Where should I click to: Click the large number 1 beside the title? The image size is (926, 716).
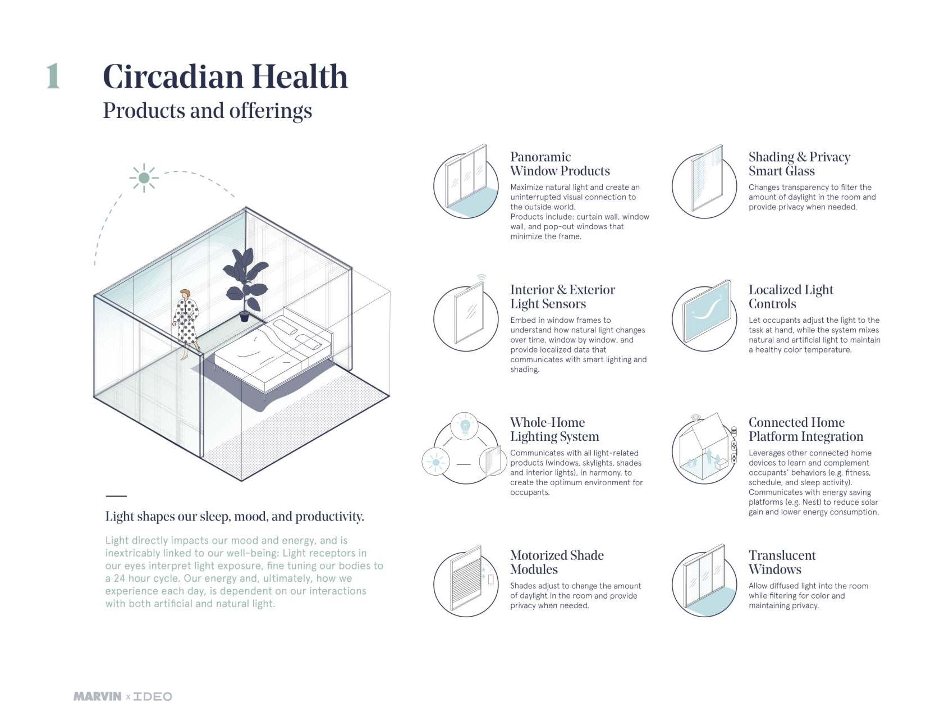click(53, 76)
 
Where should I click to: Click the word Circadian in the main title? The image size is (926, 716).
click(173, 77)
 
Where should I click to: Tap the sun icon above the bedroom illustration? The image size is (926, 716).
click(144, 178)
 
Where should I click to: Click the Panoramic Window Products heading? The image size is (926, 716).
click(560, 164)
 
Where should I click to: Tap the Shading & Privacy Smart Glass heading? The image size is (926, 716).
click(799, 164)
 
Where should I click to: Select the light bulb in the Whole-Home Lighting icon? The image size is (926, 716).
click(465, 426)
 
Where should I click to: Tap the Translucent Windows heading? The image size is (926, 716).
click(782, 562)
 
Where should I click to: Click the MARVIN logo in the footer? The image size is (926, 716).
click(97, 696)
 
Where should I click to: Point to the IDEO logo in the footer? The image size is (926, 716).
click(153, 696)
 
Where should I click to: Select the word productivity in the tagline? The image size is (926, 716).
click(329, 517)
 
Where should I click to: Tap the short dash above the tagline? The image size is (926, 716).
click(116, 496)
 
